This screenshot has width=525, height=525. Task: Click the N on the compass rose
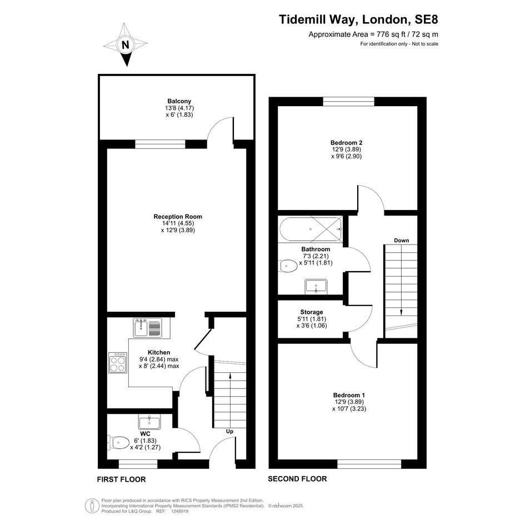pos(126,44)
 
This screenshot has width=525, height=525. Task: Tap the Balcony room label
pos(179,101)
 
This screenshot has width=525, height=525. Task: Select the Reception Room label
pos(178,217)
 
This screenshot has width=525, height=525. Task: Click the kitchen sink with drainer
pos(147,327)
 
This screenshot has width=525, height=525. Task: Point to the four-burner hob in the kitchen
pos(118,363)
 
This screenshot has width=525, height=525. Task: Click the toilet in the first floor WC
pos(118,442)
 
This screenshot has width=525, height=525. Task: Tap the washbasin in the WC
pos(149,422)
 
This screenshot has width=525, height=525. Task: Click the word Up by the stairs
pos(229,431)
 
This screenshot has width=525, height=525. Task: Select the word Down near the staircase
pos(402,241)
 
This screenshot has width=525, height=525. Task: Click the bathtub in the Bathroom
pos(311,229)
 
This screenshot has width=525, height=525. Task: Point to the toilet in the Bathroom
pos(288,266)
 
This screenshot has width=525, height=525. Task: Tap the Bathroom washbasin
pos(316,287)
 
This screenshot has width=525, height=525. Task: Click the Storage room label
pos(311,312)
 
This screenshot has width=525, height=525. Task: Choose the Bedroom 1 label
pos(349,395)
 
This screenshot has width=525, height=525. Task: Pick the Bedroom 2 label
pos(346,143)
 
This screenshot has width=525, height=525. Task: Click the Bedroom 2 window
pos(348,102)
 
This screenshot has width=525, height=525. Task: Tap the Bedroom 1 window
pos(369,464)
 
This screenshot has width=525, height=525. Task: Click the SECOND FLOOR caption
pos(297,479)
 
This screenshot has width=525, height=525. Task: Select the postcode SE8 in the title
pos(426,19)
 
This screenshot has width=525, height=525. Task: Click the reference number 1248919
pos(180,511)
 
